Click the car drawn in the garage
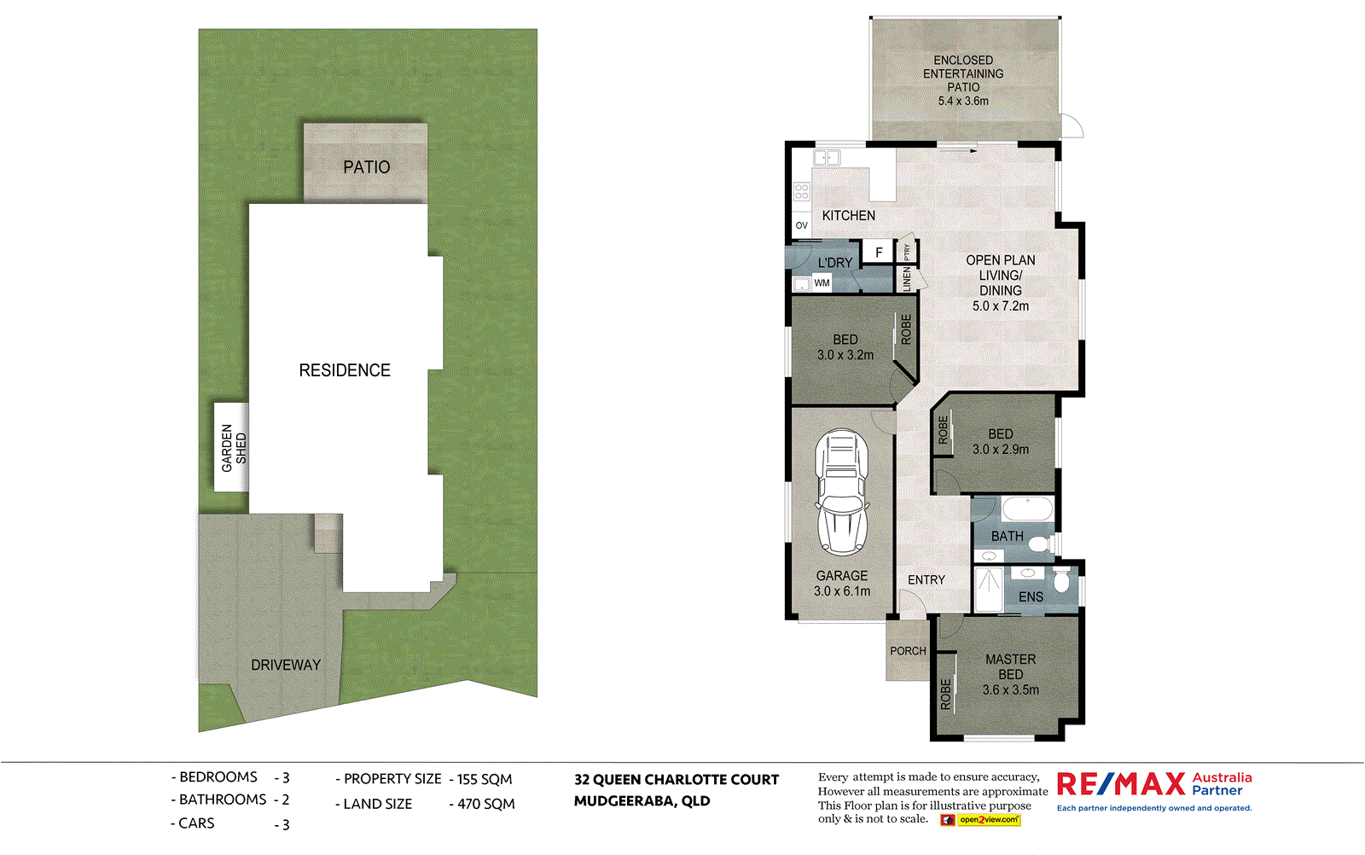[x=841, y=493]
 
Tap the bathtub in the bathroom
[x=1027, y=509]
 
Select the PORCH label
[x=908, y=651]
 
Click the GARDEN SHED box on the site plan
[x=231, y=447]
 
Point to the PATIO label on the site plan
[x=366, y=167]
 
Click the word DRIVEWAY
[x=286, y=666]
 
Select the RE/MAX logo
[x=1121, y=783]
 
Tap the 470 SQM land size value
[x=485, y=804]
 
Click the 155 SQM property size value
[x=485, y=779]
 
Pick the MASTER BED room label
[x=1010, y=666]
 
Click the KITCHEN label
[x=848, y=216]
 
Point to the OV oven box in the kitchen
[x=801, y=226]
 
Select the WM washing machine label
[x=822, y=283]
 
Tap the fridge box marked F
[x=879, y=253]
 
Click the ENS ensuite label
[x=1031, y=597]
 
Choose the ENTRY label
[x=926, y=580]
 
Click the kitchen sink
[x=826, y=158]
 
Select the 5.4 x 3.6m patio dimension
[x=963, y=101]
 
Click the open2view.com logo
[x=988, y=820]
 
